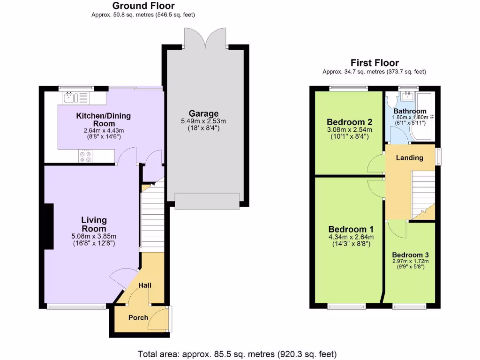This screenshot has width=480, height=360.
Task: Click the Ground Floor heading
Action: click(x=143, y=6)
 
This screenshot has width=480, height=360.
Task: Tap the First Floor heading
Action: click(x=375, y=63)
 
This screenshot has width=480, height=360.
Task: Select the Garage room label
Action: click(x=203, y=113)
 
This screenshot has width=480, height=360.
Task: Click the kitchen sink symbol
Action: click(x=70, y=98)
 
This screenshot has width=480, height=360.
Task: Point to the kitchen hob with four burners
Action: click(x=85, y=157)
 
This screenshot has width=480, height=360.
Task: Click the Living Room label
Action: click(x=94, y=224)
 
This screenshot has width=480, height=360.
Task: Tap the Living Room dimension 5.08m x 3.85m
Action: click(x=94, y=236)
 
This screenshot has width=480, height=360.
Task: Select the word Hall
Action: click(x=145, y=285)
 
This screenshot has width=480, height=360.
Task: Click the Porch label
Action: click(x=138, y=317)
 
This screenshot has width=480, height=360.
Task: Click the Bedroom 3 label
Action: click(x=410, y=255)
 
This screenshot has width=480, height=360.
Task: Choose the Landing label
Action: click(x=409, y=157)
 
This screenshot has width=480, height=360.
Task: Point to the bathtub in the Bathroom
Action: click(x=425, y=117)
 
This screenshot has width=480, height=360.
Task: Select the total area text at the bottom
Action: click(x=237, y=354)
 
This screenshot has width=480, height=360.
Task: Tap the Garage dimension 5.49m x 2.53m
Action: click(x=203, y=121)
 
